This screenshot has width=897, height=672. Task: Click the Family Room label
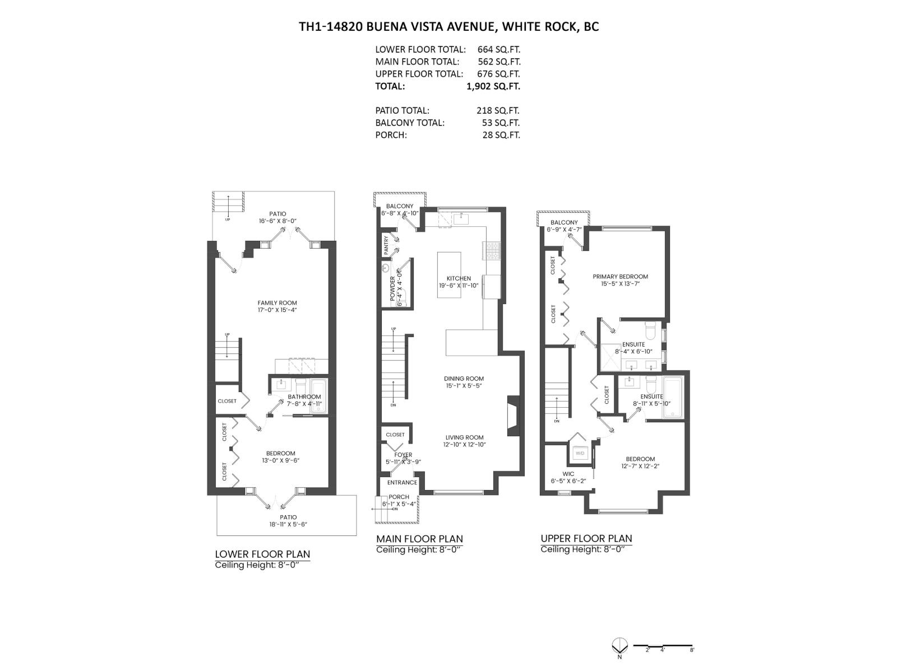277,303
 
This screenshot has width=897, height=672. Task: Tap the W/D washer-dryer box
580,453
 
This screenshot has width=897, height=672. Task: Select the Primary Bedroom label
620,277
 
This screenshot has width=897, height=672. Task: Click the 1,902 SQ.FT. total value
493,86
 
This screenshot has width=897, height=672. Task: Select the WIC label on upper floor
568,474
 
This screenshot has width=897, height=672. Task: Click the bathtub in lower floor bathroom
318,396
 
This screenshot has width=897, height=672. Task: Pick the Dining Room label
464,379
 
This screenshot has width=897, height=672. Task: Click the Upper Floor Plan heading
586,539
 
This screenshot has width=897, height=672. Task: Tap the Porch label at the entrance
399,497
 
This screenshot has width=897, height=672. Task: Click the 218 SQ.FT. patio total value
498,111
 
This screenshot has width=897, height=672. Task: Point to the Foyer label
403,455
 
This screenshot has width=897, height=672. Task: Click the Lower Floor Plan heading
262,554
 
